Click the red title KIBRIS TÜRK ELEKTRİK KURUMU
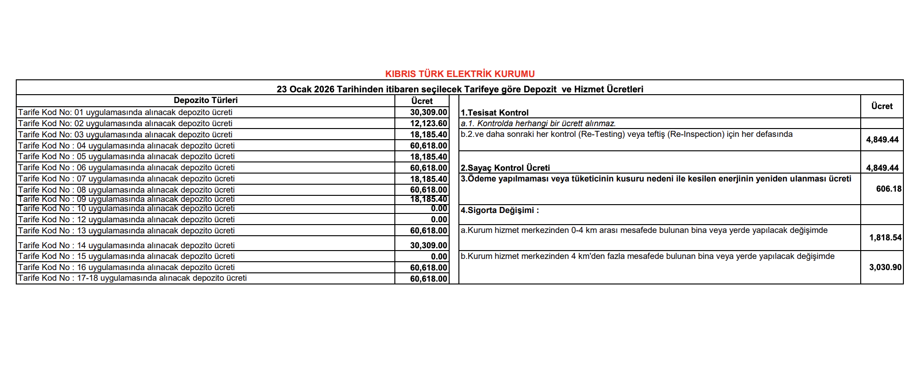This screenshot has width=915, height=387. click(x=460, y=74)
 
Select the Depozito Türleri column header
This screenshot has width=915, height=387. click(x=206, y=100)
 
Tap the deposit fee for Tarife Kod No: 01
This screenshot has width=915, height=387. click(x=428, y=112)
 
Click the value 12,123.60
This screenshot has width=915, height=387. click(x=428, y=123)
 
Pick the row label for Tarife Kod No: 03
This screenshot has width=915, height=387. click(x=125, y=135)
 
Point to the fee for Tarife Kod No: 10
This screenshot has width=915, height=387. click(x=438, y=209)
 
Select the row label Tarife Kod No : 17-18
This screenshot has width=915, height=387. click(x=132, y=278)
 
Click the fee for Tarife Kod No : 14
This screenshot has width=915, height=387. click(x=428, y=245)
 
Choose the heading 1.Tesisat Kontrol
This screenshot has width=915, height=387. click(x=495, y=113)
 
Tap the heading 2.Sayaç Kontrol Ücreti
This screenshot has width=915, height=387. click(x=505, y=168)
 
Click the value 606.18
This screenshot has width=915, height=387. click(x=889, y=189)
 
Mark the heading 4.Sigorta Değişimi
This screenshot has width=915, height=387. click(x=500, y=210)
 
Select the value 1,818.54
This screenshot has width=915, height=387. click(x=885, y=238)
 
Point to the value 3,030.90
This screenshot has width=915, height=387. click(x=885, y=267)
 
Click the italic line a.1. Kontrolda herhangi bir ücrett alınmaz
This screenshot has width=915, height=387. click(x=538, y=123)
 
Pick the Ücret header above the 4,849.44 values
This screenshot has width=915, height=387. click(x=882, y=106)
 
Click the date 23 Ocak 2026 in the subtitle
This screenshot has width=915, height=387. click(x=305, y=89)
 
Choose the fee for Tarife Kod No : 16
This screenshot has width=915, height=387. click(x=428, y=268)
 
